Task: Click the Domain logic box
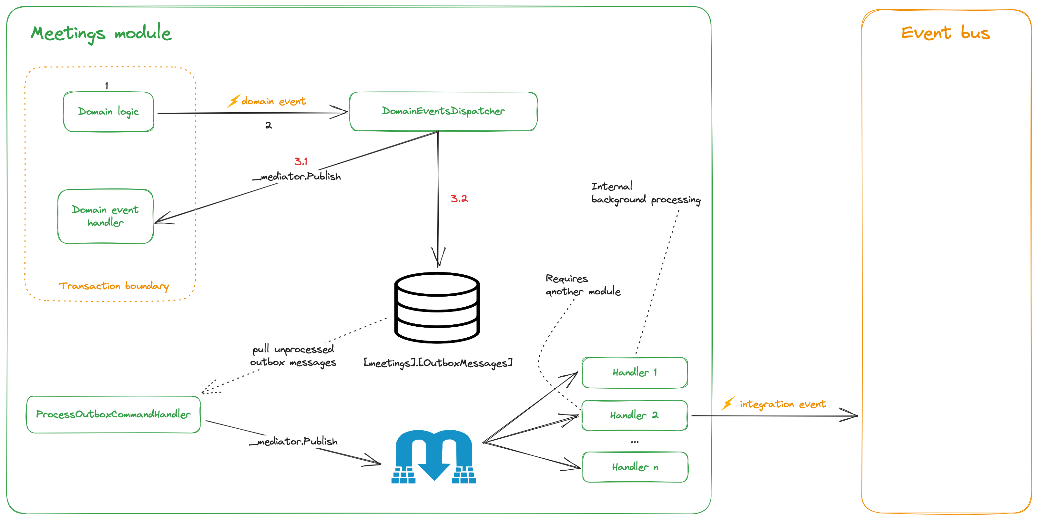pos(108,112)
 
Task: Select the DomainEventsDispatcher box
pos(443,111)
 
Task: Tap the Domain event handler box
pos(105,217)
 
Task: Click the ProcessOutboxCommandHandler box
pos(113,414)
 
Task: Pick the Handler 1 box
pos(634,372)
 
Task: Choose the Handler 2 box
pos(634,415)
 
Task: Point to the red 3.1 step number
pos(300,162)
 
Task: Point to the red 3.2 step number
pos(459,198)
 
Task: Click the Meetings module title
pos(101,33)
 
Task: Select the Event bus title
pos(945,33)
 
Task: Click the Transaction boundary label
pos(114,286)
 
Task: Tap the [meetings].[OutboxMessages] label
pos(438,363)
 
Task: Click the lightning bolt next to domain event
pos(233,101)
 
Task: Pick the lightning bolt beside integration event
pos(728,403)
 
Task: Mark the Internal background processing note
pos(646,193)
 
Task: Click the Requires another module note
pos(582,285)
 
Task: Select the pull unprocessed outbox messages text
pos(293,355)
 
